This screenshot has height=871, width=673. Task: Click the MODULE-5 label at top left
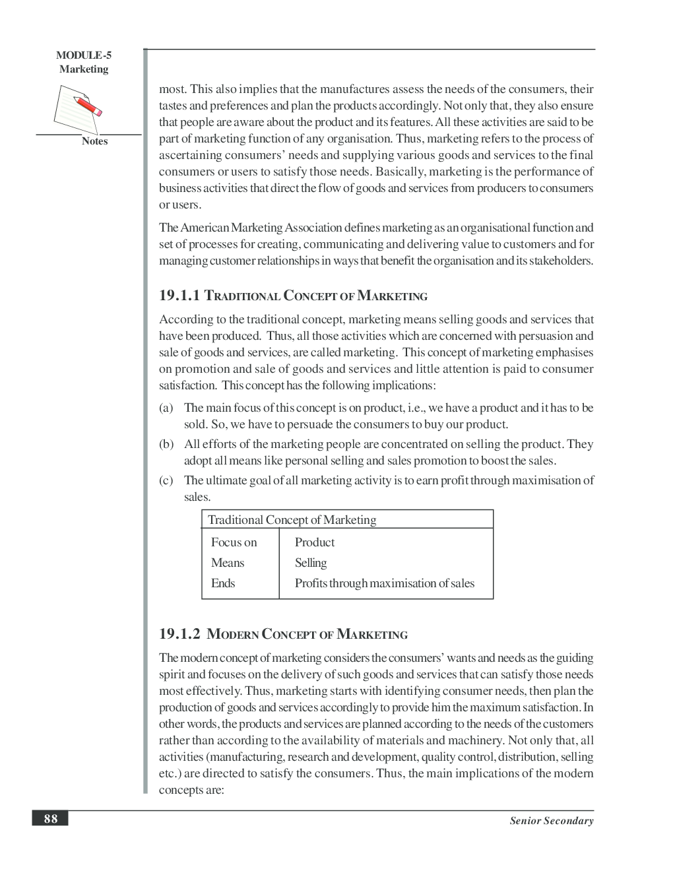click(83, 55)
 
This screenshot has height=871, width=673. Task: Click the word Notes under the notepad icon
click(94, 141)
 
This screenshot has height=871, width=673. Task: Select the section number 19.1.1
click(179, 295)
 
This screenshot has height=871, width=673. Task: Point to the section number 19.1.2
click(179, 633)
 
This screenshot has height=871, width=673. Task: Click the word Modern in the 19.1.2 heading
click(233, 634)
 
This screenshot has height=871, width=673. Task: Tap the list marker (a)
click(166, 408)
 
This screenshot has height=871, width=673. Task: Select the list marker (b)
click(166, 444)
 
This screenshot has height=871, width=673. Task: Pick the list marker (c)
click(166, 480)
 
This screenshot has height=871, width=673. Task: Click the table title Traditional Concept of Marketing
click(292, 519)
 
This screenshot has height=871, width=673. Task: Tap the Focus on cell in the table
click(234, 542)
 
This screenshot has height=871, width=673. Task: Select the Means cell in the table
click(228, 563)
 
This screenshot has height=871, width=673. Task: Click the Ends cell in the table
click(223, 583)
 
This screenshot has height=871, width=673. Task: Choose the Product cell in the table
click(315, 542)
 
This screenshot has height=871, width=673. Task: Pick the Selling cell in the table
click(311, 563)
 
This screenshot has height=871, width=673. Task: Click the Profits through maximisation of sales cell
click(385, 583)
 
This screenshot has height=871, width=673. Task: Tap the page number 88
click(51, 819)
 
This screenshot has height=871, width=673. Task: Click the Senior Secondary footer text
click(551, 821)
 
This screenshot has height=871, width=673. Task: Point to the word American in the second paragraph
click(205, 228)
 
